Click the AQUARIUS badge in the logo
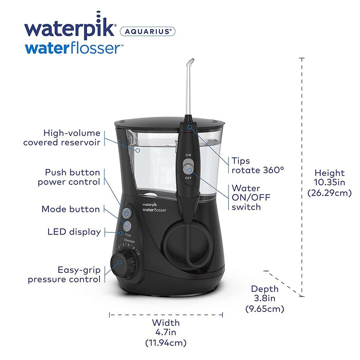coord(148,32)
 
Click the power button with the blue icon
coord(127,212)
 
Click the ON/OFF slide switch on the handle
coord(189,167)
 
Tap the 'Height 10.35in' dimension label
coord(329,182)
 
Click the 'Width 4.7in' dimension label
coord(166,332)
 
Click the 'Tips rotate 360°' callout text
coord(257,165)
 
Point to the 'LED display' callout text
coord(74,232)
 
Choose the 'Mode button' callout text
coord(71,209)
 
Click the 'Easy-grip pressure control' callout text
coord(64,275)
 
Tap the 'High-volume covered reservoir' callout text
coord(62,137)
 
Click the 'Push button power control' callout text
coord(69,177)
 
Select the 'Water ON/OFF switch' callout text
coord(251,198)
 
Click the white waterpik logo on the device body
coord(154,207)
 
